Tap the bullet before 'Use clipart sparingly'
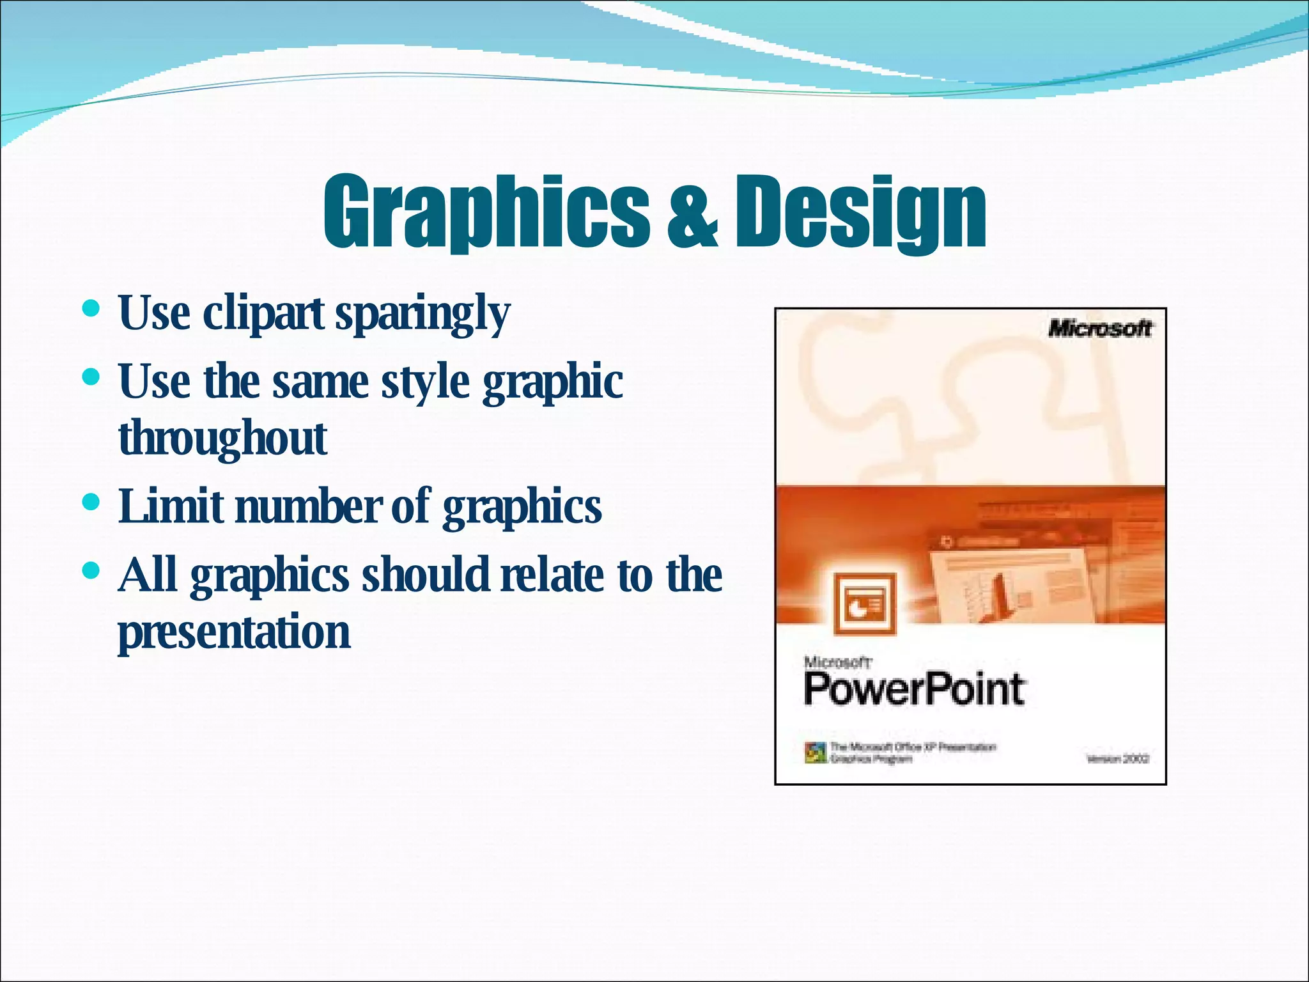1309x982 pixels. [91, 310]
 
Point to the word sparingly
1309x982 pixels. [422, 315]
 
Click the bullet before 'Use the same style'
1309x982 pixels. [91, 377]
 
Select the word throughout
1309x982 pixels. [223, 439]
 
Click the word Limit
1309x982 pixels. [171, 505]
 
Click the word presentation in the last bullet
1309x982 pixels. [234, 632]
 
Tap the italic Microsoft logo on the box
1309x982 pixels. [1099, 329]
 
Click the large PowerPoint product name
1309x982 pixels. [914, 689]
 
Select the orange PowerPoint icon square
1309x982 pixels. [865, 604]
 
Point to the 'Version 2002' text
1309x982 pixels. [1118, 759]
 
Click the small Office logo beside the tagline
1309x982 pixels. [815, 752]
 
